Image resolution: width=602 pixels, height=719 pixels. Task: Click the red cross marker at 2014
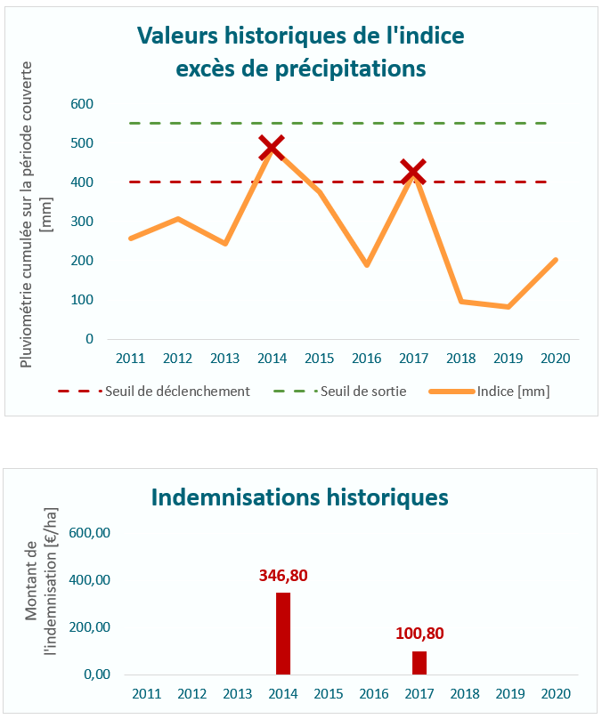(x=272, y=148)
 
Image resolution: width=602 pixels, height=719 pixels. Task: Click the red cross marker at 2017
(x=412, y=172)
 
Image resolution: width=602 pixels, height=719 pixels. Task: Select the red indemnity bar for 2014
(x=283, y=634)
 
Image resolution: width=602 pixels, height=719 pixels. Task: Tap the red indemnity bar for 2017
(x=419, y=663)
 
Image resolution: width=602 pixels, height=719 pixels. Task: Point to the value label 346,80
(x=283, y=576)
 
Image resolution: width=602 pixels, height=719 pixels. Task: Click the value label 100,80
(x=419, y=634)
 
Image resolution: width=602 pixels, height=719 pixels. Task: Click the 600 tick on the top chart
(x=82, y=104)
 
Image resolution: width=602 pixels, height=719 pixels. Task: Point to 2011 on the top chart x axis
(x=131, y=359)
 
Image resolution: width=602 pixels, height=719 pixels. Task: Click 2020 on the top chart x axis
(x=555, y=359)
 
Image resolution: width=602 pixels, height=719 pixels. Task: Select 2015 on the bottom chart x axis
(x=329, y=693)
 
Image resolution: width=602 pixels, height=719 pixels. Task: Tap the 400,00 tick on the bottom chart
(x=91, y=580)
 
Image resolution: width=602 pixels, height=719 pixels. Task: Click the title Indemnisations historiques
(x=300, y=497)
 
